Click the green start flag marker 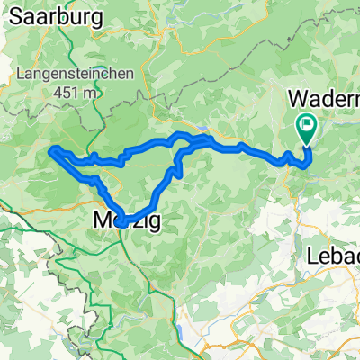307,130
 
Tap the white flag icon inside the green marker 307,126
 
